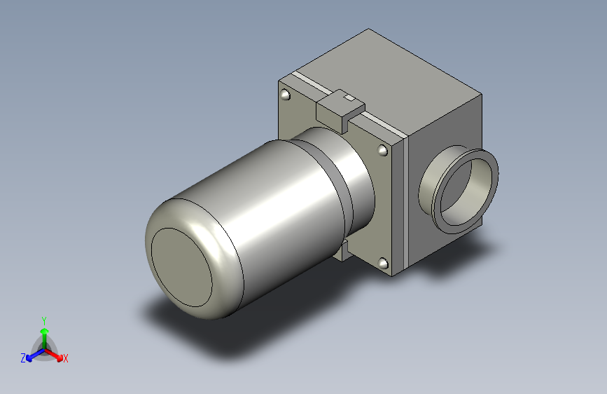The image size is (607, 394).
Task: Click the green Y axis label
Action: point(44,320)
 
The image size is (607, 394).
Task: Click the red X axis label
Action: point(65,358)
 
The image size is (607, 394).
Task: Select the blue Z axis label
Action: point(23,358)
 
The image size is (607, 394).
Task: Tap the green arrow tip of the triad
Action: point(45,331)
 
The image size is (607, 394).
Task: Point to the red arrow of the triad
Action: point(53,355)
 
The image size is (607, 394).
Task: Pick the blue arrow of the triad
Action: point(35,355)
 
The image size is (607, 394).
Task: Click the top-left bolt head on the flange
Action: point(286,95)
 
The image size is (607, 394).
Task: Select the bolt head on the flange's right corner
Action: point(382,150)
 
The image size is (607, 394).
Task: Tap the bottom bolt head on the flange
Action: point(382,264)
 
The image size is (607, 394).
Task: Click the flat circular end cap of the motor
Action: point(181,267)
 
